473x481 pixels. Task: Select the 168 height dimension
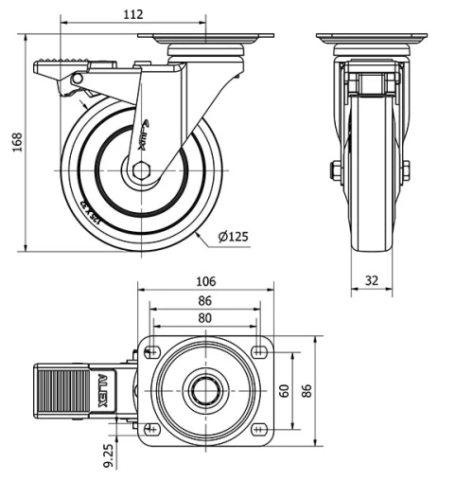click(x=13, y=140)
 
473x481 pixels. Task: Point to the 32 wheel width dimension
click(x=371, y=280)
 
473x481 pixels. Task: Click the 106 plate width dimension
click(x=205, y=280)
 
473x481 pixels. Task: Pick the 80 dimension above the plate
click(x=204, y=318)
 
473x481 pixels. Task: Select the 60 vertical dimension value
click(x=283, y=389)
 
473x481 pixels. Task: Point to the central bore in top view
click(x=204, y=390)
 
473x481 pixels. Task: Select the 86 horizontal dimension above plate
click(x=204, y=300)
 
